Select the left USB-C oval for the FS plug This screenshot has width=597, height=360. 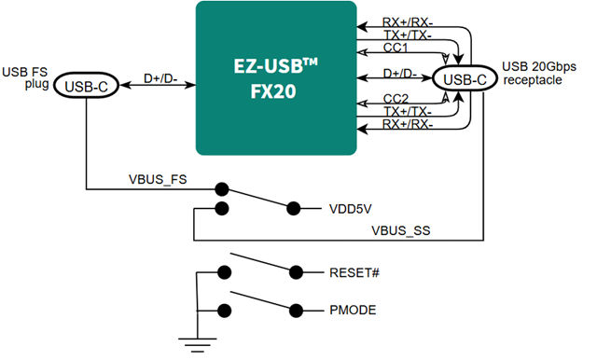click(x=87, y=86)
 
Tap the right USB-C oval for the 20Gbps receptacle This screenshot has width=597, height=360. click(x=465, y=78)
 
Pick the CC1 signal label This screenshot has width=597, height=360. click(x=396, y=47)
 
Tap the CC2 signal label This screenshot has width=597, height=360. click(x=396, y=98)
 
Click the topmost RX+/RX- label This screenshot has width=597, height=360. click(x=408, y=20)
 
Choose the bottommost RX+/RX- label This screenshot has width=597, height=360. click(x=408, y=125)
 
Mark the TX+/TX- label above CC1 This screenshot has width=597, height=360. click(x=407, y=34)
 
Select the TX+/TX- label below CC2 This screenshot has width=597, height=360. click(x=407, y=112)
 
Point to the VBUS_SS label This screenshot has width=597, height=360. click(x=398, y=228)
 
